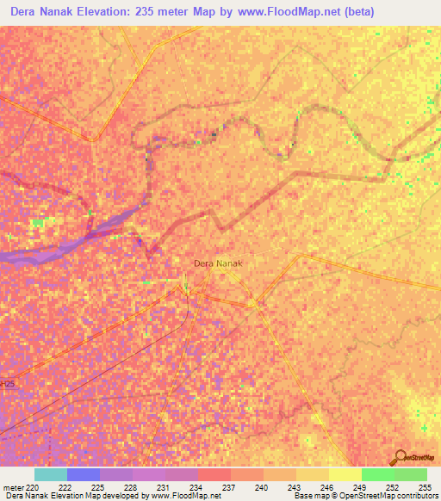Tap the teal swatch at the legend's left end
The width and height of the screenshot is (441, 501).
[x=50, y=474]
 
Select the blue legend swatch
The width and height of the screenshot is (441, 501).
[x=83, y=474]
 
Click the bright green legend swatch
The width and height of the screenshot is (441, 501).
[x=377, y=474]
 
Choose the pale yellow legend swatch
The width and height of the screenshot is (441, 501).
[x=345, y=474]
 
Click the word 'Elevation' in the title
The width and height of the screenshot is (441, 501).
[x=112, y=11]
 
